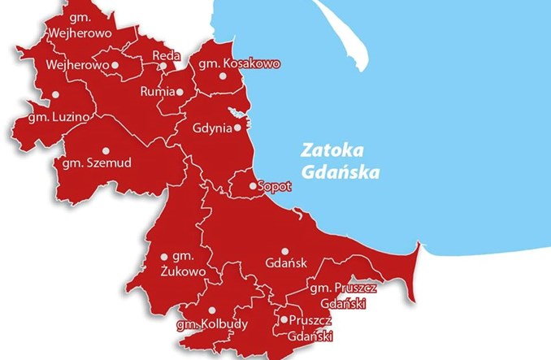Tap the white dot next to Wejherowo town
click(x=115, y=64)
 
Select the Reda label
click(x=165, y=55)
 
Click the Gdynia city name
click(x=211, y=128)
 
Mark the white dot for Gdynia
click(x=237, y=128)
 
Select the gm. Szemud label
click(x=97, y=163)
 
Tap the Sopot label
click(x=275, y=187)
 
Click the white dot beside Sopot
click(x=253, y=186)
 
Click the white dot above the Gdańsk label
click(x=284, y=251)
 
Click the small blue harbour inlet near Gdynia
click(x=236, y=112)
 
